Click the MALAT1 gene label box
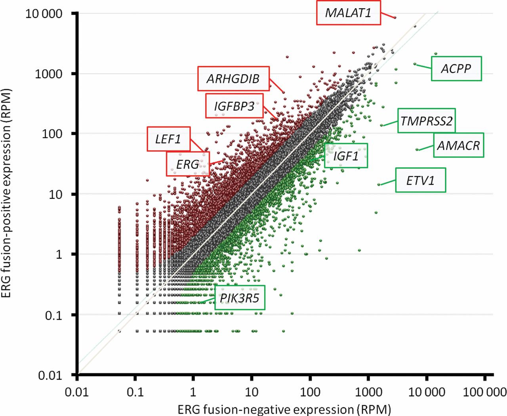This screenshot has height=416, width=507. tap(348, 13)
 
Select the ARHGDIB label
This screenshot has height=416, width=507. tap(233, 78)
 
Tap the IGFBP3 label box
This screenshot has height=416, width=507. tap(234, 106)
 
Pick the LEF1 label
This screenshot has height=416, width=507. tap(168, 139)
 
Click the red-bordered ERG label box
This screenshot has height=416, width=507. tap(187, 164)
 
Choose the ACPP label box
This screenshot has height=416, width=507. tap(456, 69)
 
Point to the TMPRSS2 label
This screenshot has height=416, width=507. tap(426, 120)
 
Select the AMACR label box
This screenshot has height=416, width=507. tap(458, 145)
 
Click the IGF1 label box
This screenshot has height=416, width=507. tap(346, 156)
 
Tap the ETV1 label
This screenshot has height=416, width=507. tap(420, 180)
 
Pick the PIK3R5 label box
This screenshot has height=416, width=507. tap(240, 298)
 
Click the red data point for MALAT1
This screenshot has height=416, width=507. tap(395, 17)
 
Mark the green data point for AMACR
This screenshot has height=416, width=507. tap(417, 150)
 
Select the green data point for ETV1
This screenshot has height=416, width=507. tap(379, 185)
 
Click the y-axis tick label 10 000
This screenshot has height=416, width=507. tap(44, 13)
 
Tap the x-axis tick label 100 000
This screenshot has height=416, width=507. tap(484, 392)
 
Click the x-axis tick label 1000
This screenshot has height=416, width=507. tap(368, 392)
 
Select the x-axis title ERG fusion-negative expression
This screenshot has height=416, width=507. tap(284, 409)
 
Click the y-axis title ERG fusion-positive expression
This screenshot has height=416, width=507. tap(7, 193)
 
